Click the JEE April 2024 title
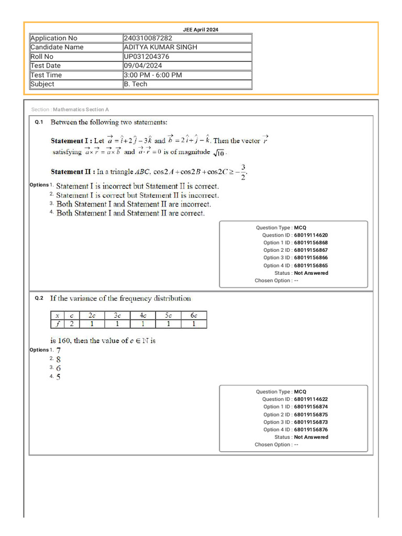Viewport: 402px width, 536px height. coord(200,30)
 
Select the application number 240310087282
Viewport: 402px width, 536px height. coord(148,38)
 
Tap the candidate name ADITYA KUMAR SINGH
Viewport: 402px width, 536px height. coord(161,47)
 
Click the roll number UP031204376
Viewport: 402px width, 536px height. coord(147,57)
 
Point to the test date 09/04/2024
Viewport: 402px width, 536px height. coord(143,65)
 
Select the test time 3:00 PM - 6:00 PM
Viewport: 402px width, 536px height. coord(153,75)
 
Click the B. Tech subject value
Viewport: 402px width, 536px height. coord(136,84)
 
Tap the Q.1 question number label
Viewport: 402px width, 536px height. coord(39,122)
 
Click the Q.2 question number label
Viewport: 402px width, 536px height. coord(39,298)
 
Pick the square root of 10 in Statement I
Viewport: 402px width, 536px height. coord(219,152)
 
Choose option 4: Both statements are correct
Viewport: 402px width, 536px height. coord(130,214)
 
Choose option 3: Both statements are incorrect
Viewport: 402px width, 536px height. coord(133,204)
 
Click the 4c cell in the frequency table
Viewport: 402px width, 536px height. coord(142,315)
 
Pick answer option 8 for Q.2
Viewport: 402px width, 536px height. coord(59,359)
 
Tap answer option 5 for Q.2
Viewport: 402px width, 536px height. coord(59,377)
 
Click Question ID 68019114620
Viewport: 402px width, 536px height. coord(311,236)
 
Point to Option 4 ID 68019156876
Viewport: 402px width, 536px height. coord(311,430)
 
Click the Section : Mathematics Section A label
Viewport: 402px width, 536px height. coord(70,109)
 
